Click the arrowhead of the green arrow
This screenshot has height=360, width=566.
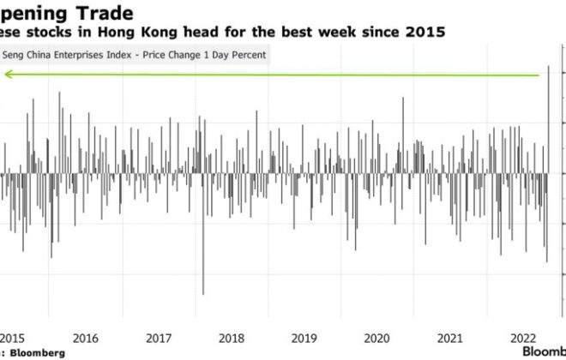(x=7, y=75)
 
